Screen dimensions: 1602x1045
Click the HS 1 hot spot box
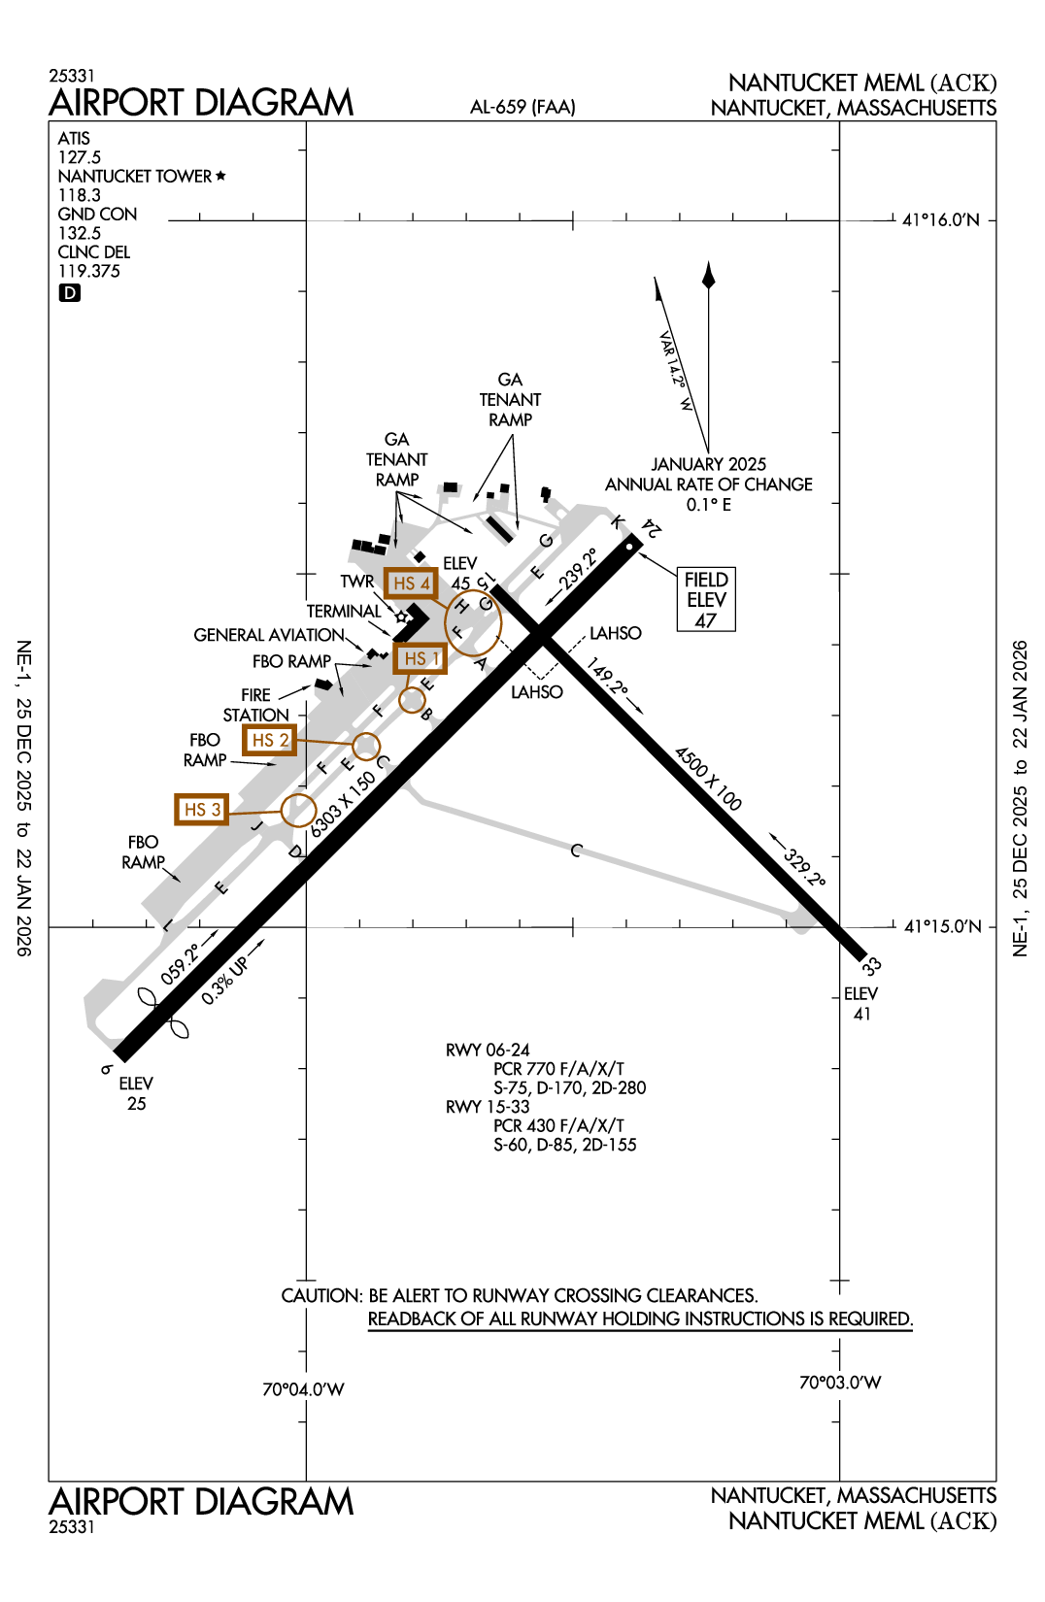click(x=421, y=658)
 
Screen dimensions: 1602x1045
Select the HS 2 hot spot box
click(x=269, y=740)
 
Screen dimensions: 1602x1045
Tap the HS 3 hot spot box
click(x=202, y=809)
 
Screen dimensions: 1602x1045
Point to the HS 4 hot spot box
click(x=411, y=583)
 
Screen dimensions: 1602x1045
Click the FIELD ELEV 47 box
click(x=706, y=599)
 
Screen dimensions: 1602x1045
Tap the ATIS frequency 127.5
click(x=80, y=157)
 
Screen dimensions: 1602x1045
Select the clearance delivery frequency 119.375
click(x=89, y=271)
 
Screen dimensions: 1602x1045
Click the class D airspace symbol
click(x=70, y=293)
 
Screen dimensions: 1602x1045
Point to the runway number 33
click(x=871, y=965)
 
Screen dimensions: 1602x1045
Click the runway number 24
click(x=652, y=529)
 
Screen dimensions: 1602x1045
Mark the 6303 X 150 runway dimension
click(x=343, y=805)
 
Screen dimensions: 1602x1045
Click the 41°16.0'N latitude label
click(x=941, y=220)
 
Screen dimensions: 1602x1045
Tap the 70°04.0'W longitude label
click(x=303, y=1389)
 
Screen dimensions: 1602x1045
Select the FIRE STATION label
click(x=256, y=705)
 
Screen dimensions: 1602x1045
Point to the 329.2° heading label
click(x=804, y=867)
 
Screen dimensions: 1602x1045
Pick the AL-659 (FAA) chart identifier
click(x=522, y=107)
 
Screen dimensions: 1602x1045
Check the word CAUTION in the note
click(x=320, y=1295)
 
